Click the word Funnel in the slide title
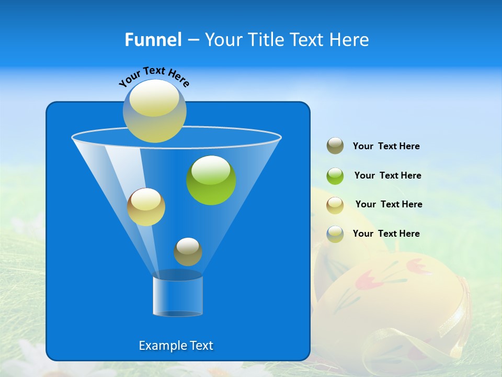coord(153,40)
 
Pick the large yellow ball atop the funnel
coord(155,111)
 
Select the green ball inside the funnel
coord(211,180)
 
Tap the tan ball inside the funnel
coord(146,207)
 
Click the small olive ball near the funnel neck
coord(188,252)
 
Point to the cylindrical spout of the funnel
coord(178,296)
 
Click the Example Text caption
coord(176,346)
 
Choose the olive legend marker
coord(335,146)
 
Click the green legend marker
coord(335,176)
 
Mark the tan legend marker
coord(335,205)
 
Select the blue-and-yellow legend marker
coord(335,234)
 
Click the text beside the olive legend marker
coord(386,147)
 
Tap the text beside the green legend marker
coord(387,175)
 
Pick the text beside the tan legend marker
coord(389,204)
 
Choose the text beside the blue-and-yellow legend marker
coord(386,234)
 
